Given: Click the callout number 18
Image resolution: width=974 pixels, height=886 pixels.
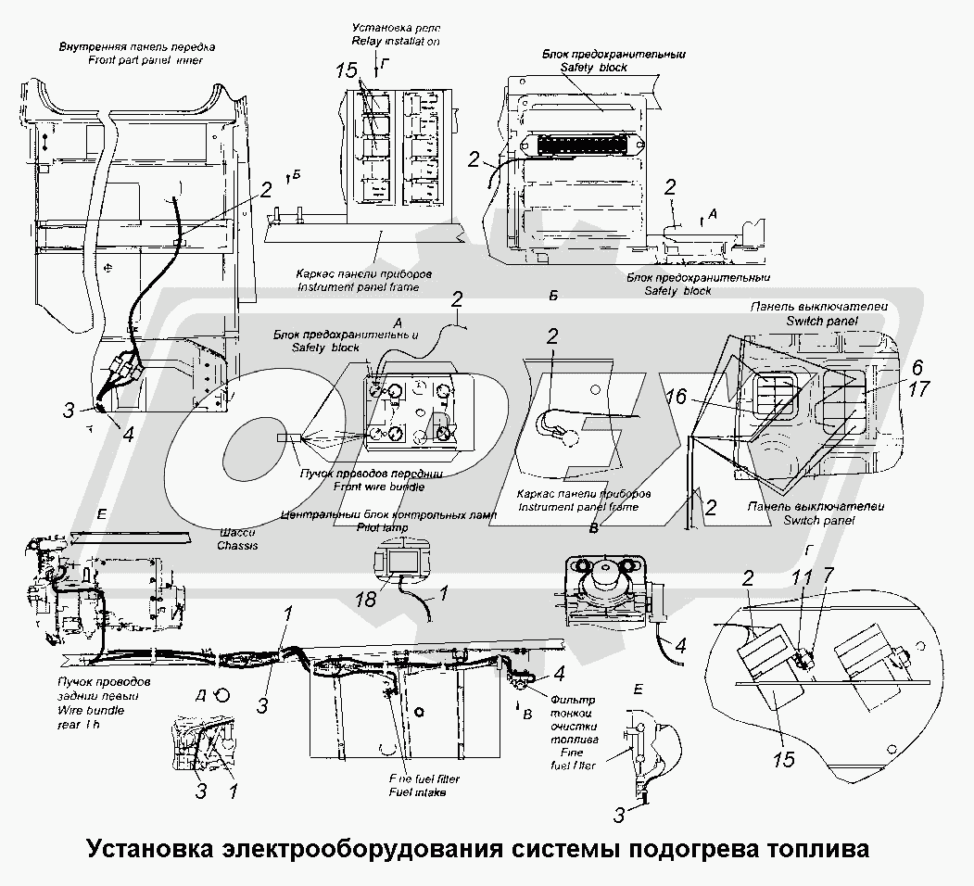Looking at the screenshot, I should click(x=368, y=600).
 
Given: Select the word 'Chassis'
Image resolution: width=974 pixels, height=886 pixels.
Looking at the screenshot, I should click(x=237, y=546).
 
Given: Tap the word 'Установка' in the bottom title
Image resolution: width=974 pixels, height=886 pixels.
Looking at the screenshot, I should click(x=149, y=849).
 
